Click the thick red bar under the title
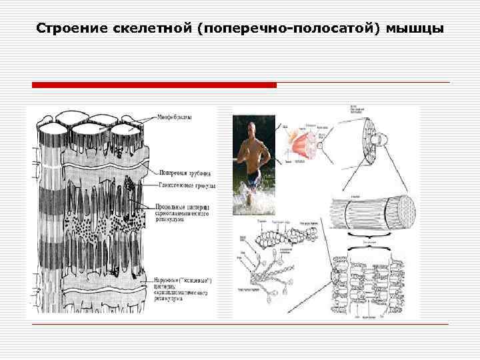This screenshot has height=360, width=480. coord(154,85)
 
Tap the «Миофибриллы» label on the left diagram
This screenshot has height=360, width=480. coord(175,118)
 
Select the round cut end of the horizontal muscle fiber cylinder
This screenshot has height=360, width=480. coord(403,212)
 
